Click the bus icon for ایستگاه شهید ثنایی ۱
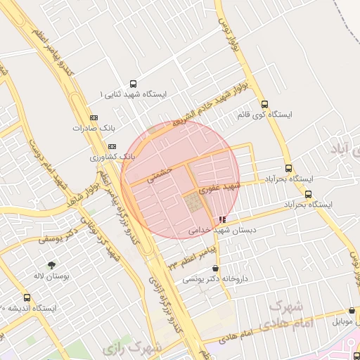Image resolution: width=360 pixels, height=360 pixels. (x=134, y=82)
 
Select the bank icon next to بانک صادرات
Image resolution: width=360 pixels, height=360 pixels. (x=94, y=117)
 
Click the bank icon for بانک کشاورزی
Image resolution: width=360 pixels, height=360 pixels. (x=112, y=145)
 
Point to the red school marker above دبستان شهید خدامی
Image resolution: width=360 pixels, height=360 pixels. (x=223, y=219)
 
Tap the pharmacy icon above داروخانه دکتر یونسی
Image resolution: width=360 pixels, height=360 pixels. (x=214, y=269)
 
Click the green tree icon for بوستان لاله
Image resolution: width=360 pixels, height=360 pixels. (x=50, y=266)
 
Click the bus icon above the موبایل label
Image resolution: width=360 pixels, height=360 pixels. (x=352, y=310)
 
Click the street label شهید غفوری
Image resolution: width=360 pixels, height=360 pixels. (x=219, y=187)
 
